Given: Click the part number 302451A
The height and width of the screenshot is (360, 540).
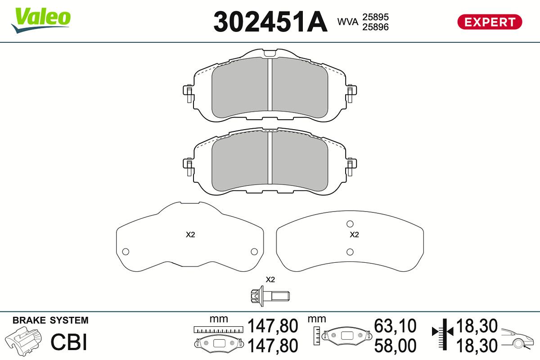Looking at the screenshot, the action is (x=270, y=22).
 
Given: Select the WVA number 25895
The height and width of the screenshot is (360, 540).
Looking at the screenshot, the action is (x=375, y=17).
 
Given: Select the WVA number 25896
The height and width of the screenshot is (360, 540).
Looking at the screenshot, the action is (x=375, y=27).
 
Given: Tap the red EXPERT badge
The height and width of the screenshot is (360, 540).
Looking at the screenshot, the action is (x=490, y=22).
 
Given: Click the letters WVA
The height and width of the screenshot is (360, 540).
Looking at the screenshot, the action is (x=348, y=22).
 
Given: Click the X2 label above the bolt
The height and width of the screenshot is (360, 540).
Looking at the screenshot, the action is (x=270, y=280).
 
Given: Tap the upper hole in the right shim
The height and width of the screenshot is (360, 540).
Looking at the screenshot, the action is (x=350, y=224).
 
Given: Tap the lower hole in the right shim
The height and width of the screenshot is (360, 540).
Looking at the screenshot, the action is (x=350, y=252).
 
